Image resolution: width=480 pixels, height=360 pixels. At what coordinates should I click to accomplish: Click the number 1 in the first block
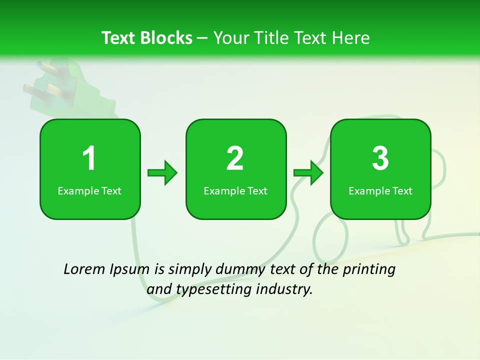pyautogui.click(x=89, y=158)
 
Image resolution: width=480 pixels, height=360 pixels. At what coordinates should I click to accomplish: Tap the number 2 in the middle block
pyautogui.click(x=235, y=158)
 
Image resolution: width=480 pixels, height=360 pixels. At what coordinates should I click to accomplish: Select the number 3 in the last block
pyautogui.click(x=380, y=158)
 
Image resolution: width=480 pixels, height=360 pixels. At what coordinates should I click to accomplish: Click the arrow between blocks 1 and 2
pyautogui.click(x=162, y=173)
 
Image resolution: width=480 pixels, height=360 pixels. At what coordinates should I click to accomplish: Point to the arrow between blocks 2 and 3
pyautogui.click(x=308, y=173)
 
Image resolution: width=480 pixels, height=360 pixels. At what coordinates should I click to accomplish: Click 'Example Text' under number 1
pyautogui.click(x=89, y=191)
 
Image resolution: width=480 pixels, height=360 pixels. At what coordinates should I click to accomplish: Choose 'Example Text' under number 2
pyautogui.click(x=235, y=191)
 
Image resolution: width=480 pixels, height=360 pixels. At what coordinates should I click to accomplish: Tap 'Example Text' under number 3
pyautogui.click(x=380, y=191)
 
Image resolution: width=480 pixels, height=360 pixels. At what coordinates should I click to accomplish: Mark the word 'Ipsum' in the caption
pyautogui.click(x=129, y=270)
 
